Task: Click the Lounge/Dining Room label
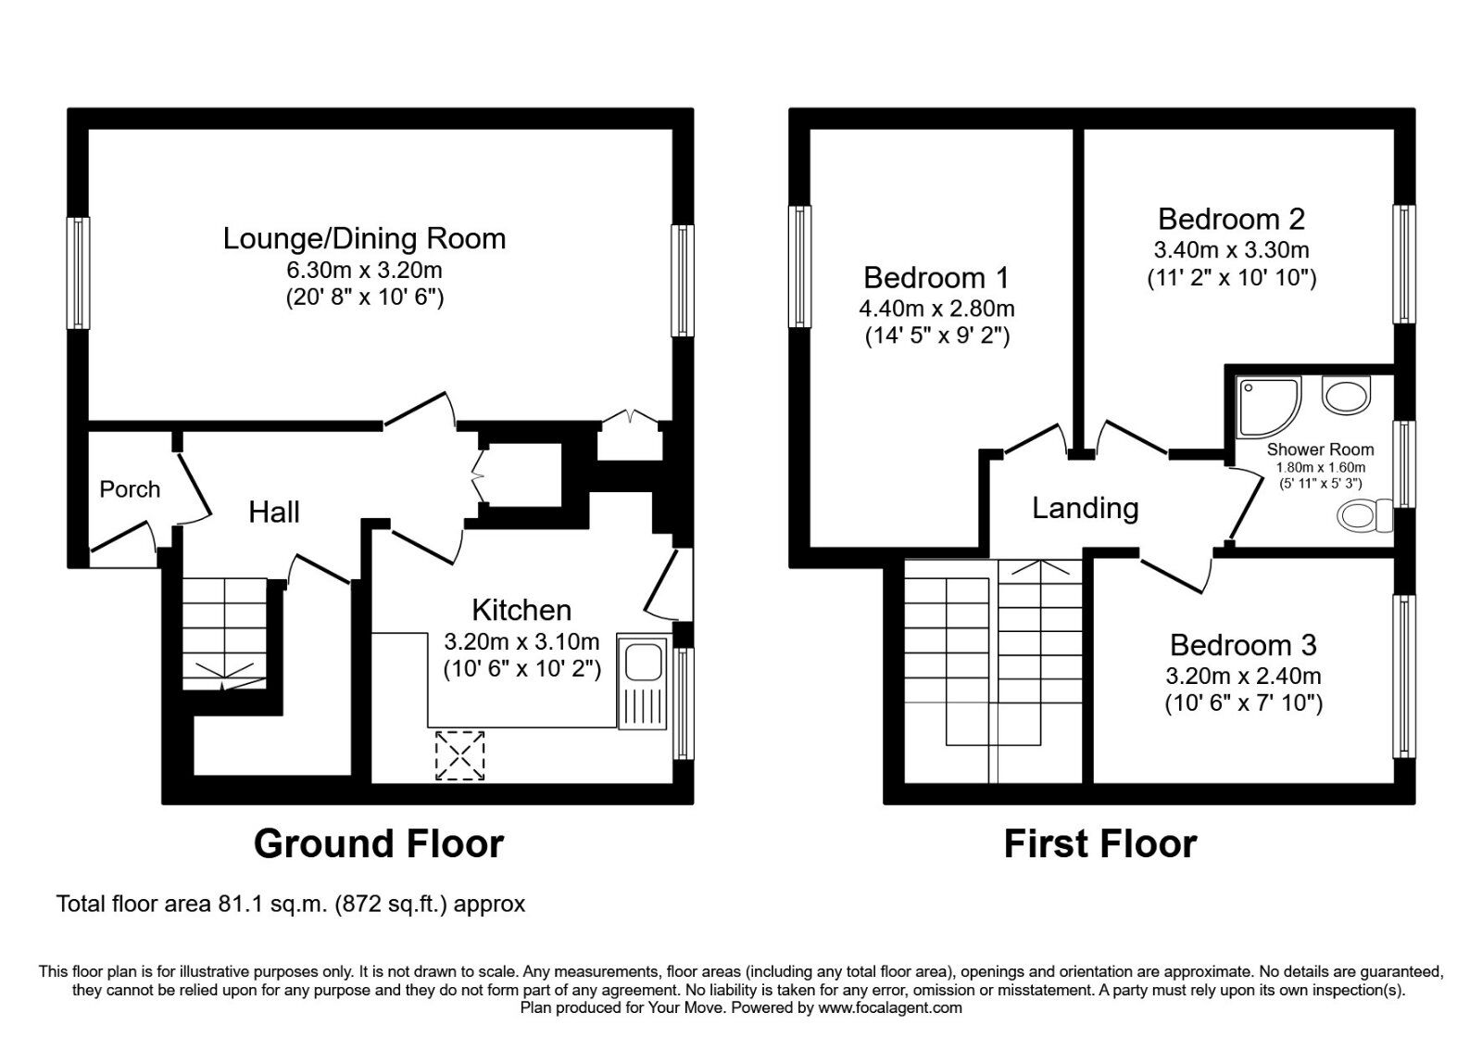click(x=364, y=238)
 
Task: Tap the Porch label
click(x=130, y=488)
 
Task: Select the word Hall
click(x=273, y=512)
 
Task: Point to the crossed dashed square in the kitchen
click(x=459, y=754)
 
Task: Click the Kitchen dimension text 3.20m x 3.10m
click(x=521, y=641)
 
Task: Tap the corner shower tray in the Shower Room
click(x=1266, y=405)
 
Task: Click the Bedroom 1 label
click(x=936, y=277)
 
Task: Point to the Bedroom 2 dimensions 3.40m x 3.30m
click(x=1231, y=249)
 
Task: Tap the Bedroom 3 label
click(x=1242, y=644)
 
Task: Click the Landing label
click(x=1085, y=508)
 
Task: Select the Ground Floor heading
click(x=378, y=843)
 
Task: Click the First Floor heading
click(x=1099, y=843)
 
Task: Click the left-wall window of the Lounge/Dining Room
click(x=79, y=272)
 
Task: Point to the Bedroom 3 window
click(x=1404, y=676)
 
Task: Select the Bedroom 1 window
click(x=799, y=266)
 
